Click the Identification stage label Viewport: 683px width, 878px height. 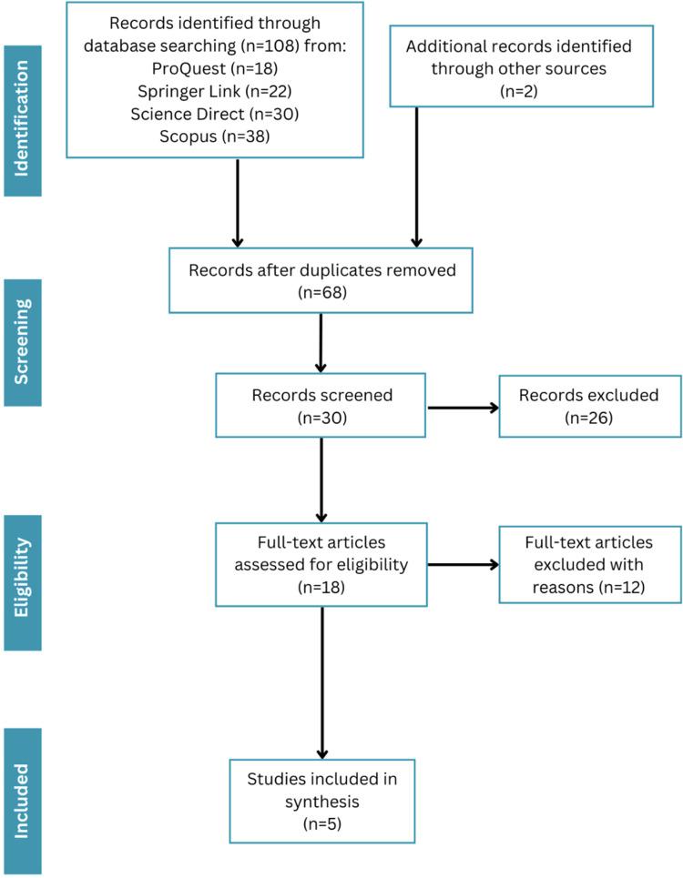(22, 119)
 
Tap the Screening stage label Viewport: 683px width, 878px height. (22, 342)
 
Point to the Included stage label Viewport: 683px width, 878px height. (22, 801)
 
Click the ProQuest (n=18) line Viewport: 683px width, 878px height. (215, 68)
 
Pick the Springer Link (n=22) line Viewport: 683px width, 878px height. (215, 91)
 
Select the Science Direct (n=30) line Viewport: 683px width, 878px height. (215, 114)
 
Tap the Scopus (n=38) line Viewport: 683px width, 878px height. (215, 136)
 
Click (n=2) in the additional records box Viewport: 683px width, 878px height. (519, 91)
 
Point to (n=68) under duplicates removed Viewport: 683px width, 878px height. (322, 292)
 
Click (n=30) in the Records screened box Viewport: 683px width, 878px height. (322, 418)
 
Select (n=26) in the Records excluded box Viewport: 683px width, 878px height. (589, 418)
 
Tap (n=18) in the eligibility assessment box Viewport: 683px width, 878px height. (321, 587)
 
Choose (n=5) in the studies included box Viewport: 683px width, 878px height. (322, 823)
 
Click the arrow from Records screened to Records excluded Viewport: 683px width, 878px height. (464, 408)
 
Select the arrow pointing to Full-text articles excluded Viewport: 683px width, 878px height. (464, 564)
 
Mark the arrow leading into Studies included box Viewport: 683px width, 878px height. (322, 682)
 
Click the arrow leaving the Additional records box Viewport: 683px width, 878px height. (416, 177)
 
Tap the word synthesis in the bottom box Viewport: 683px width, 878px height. (322, 802)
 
